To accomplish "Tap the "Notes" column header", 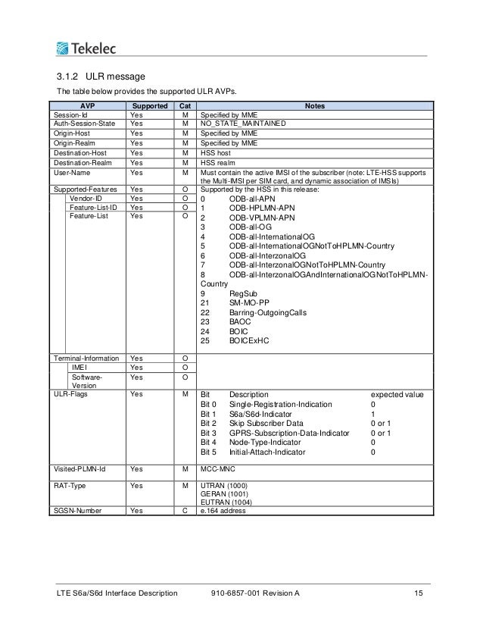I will [x=315, y=106].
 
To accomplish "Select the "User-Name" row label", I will [x=68, y=173].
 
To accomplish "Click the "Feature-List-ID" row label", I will [x=92, y=207].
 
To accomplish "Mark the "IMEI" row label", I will [x=79, y=368].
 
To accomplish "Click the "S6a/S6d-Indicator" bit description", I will [x=265, y=415].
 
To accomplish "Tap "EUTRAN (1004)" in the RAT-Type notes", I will [x=227, y=502].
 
